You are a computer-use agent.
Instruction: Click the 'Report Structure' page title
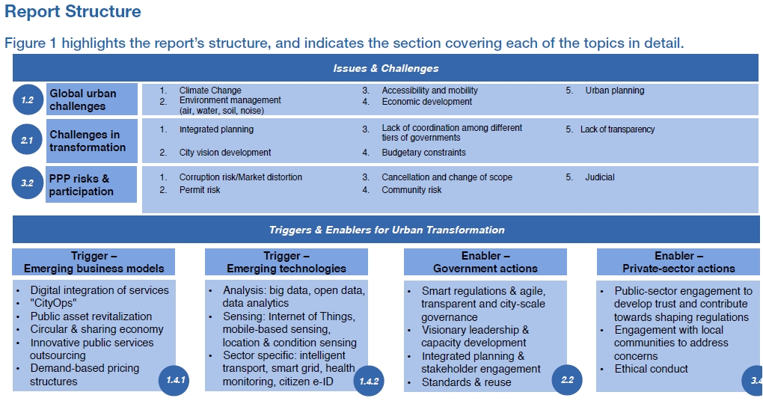click(73, 11)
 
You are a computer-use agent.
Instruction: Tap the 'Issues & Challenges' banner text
click(386, 69)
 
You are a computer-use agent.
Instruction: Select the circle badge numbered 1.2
click(28, 100)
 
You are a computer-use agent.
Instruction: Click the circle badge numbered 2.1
click(27, 140)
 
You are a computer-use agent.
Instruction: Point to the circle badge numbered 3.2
click(27, 183)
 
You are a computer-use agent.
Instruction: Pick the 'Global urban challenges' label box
click(92, 100)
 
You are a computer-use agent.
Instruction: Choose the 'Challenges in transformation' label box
click(92, 141)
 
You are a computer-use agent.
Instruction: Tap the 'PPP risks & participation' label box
click(91, 185)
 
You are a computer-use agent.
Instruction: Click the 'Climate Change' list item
click(210, 91)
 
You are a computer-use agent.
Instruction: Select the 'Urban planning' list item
click(615, 91)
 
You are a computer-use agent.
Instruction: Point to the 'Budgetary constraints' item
click(423, 153)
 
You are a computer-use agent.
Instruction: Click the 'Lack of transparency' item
click(617, 129)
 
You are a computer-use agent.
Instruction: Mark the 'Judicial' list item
click(599, 177)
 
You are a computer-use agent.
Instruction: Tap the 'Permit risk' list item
click(200, 190)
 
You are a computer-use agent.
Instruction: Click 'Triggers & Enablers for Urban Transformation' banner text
click(387, 230)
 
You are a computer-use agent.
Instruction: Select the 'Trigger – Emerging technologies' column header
click(286, 262)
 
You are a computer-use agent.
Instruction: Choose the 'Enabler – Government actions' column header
click(485, 262)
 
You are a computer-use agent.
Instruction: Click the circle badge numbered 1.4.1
click(174, 379)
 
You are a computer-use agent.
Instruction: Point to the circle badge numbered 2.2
click(567, 379)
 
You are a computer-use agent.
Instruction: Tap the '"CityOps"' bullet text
click(54, 303)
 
